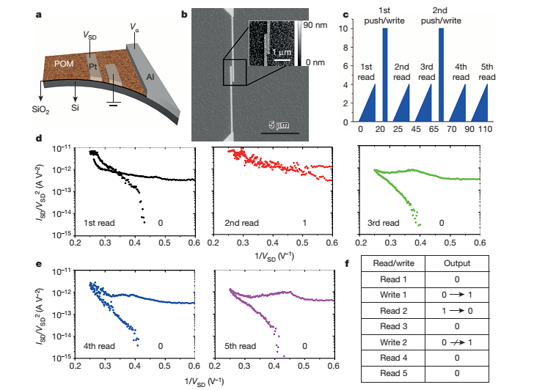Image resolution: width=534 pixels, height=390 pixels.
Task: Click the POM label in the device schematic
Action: coord(66,65)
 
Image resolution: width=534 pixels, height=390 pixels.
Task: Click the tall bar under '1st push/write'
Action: coord(385,76)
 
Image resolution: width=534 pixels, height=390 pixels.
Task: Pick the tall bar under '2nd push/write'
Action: coord(441,76)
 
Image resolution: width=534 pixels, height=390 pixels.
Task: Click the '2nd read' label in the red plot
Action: coord(241,222)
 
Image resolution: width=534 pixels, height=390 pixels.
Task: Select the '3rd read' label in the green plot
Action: coord(384,222)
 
